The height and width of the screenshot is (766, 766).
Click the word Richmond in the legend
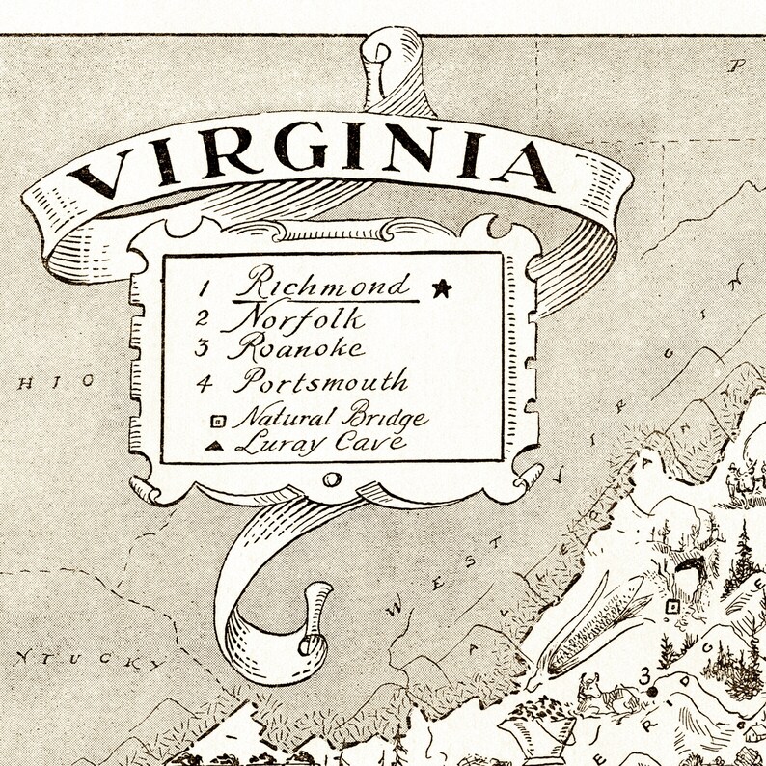pos(326,284)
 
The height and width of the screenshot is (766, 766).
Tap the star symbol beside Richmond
pos(442,287)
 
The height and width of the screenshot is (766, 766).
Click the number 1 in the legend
pos(205,287)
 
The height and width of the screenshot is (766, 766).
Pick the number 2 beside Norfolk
pos(203,317)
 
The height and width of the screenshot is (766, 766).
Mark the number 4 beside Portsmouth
pos(204,381)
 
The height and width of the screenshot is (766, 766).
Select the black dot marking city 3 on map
pos(653,691)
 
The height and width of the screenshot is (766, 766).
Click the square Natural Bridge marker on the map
pos(671,606)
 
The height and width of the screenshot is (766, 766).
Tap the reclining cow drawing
pos(597,696)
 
